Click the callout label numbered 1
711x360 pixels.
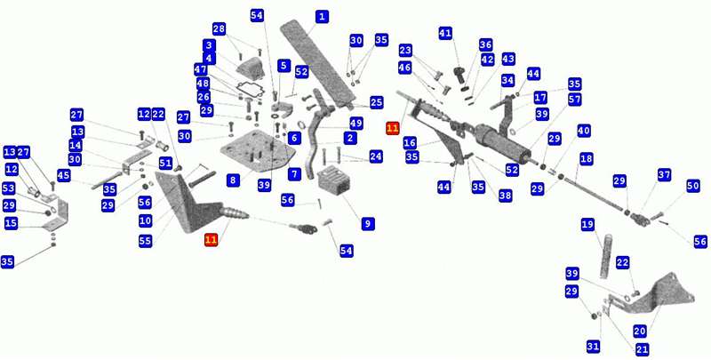pyautogui.click(x=322, y=17)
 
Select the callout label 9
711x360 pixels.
pyautogui.click(x=367, y=223)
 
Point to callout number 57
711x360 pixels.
pyautogui.click(x=574, y=100)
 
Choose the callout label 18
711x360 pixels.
pyautogui.click(x=587, y=159)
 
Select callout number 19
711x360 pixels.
pyautogui.click(x=587, y=226)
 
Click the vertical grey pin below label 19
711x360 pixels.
pyautogui.click(x=606, y=256)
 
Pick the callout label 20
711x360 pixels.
pyautogui.click(x=639, y=332)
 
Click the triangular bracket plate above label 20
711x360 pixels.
pyautogui.click(x=653, y=295)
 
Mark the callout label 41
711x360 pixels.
pyautogui.click(x=445, y=33)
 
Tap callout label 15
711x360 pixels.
pyautogui.click(x=11, y=224)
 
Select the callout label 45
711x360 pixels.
pyautogui.click(x=63, y=175)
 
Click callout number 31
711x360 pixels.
pyautogui.click(x=593, y=348)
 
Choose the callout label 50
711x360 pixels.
pyautogui.click(x=693, y=187)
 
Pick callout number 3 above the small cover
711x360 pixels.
pyautogui.click(x=210, y=45)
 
